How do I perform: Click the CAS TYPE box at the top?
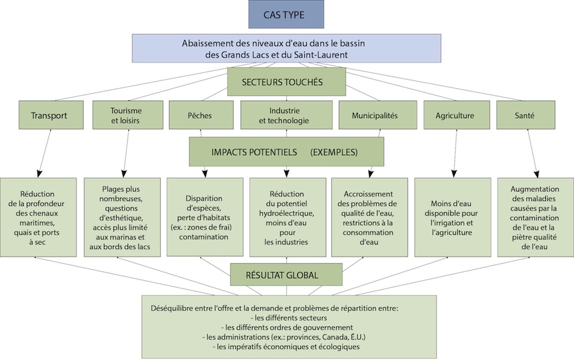point(286,14)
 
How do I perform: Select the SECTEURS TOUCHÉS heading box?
point(286,82)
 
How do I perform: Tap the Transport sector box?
point(48,116)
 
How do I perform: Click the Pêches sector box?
point(200,116)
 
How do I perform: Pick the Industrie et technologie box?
point(286,116)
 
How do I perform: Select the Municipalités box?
point(374,116)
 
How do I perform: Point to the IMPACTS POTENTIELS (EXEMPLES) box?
point(286,153)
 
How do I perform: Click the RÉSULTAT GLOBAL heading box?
point(286,276)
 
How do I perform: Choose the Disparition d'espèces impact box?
point(205,217)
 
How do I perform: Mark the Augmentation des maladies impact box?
point(535,217)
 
